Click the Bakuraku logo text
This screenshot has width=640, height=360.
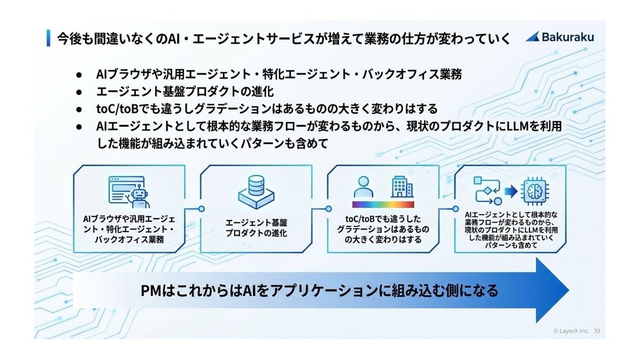[x=568, y=37]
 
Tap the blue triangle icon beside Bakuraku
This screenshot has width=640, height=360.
[x=533, y=37]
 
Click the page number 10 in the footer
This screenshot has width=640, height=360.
[x=597, y=331]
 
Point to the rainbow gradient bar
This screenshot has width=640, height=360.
[x=383, y=204]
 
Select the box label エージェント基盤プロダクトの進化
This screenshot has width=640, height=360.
[x=256, y=228]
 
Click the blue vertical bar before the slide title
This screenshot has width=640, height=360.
[x=48, y=38]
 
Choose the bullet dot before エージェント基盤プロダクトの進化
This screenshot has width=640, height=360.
[x=79, y=92]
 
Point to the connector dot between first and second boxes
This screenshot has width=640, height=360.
[x=201, y=208]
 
